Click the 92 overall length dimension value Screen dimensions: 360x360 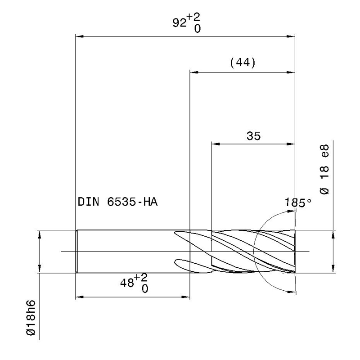[180, 23]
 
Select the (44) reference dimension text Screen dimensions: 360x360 [243, 63]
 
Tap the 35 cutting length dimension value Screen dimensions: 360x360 [254, 136]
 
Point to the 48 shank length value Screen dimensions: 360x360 [127, 283]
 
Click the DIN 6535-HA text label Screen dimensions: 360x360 [118, 202]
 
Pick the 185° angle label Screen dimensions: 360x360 [298, 203]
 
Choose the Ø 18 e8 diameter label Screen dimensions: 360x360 [324, 170]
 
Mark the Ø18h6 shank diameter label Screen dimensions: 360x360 [31, 318]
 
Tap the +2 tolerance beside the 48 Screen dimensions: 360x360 [141, 277]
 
